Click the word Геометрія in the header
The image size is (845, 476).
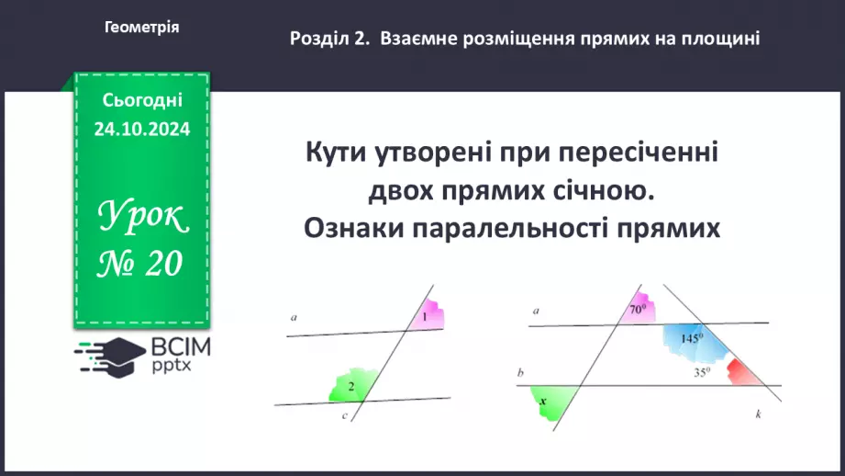[x=142, y=28]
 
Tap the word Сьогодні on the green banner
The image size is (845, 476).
[x=142, y=100]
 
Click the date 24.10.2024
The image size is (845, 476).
[x=142, y=130]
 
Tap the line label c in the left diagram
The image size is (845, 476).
[x=344, y=416]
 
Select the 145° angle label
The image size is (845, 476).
[x=692, y=338]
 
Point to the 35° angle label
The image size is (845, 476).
[x=702, y=373]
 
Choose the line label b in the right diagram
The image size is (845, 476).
[x=520, y=372]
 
